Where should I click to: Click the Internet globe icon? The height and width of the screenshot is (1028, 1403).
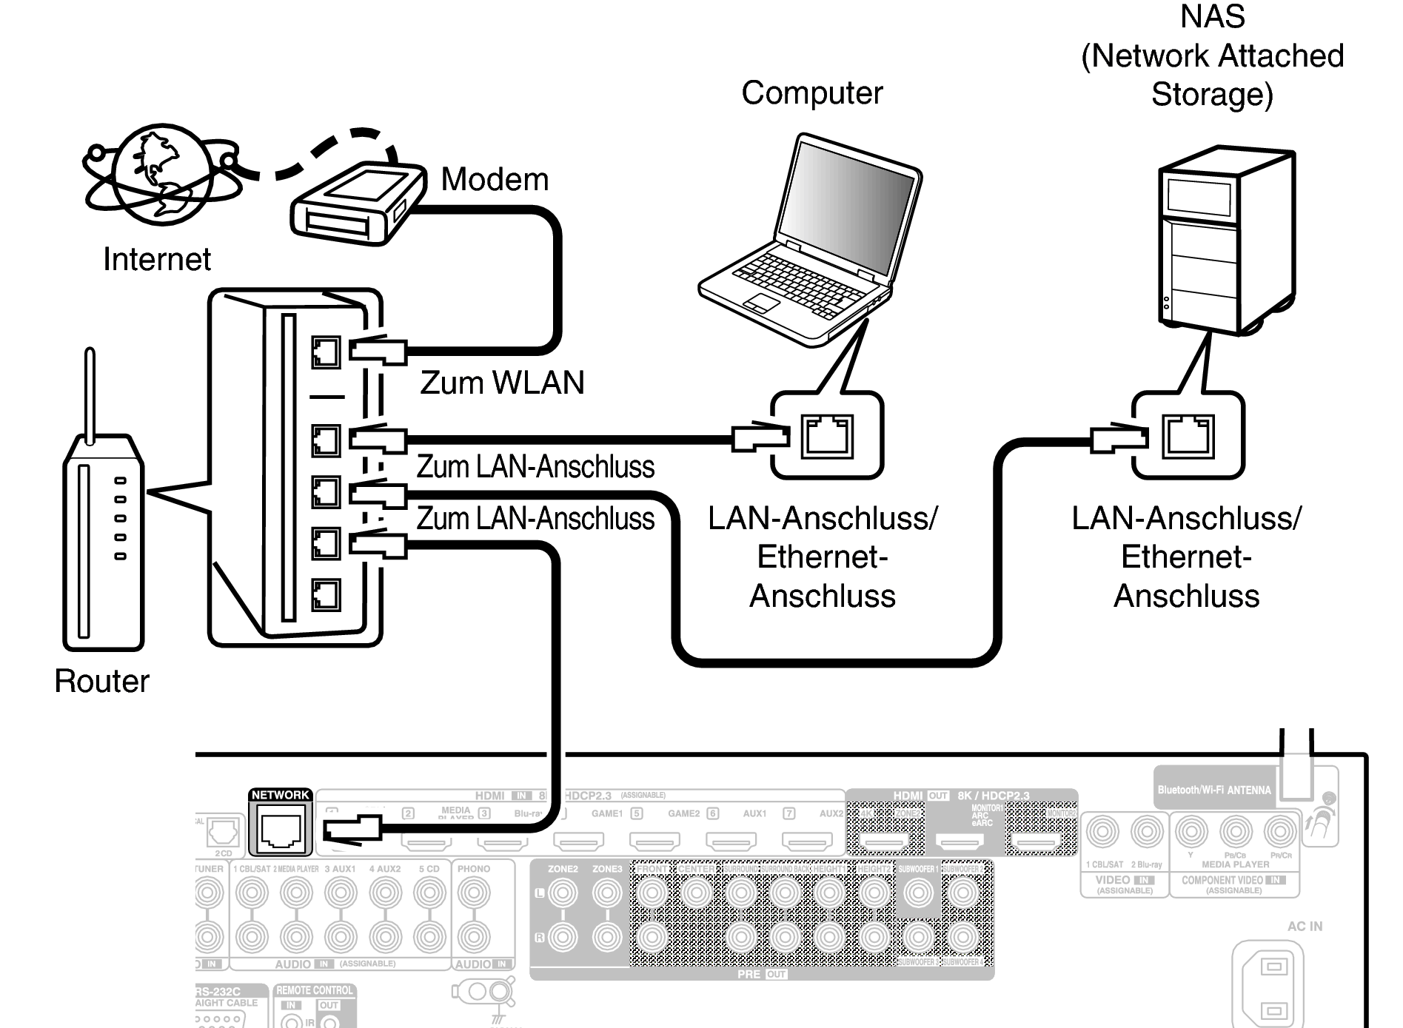(x=161, y=175)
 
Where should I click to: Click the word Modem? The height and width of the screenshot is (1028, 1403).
(x=495, y=180)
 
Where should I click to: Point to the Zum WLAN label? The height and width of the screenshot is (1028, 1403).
(x=502, y=383)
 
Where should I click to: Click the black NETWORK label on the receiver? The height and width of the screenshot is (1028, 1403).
(x=280, y=795)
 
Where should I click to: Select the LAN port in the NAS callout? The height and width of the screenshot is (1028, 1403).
(x=1188, y=436)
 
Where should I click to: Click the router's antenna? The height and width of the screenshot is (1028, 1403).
(x=90, y=396)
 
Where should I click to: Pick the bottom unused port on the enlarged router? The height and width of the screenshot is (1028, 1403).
(x=326, y=594)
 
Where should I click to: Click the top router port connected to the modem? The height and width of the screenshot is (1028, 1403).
(x=326, y=352)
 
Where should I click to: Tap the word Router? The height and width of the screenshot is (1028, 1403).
(x=101, y=681)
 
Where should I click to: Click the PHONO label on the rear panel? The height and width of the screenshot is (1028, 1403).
(x=474, y=869)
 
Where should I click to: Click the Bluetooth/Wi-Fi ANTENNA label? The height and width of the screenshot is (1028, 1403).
(x=1214, y=790)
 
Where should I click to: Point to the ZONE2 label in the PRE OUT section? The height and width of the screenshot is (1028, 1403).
(x=563, y=869)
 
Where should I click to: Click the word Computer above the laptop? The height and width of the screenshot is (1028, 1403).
(x=812, y=93)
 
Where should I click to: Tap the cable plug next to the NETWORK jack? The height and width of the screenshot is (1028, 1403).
(x=354, y=827)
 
